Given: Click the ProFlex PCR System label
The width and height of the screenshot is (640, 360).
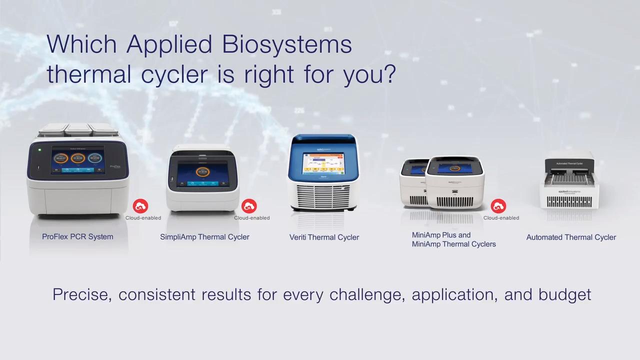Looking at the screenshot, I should point(77,236).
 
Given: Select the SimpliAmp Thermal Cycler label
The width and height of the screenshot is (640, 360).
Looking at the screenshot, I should point(204,237).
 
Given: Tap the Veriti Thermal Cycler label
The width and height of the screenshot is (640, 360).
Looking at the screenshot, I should point(324,237).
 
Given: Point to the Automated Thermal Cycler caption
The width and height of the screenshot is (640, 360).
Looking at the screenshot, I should point(571,237).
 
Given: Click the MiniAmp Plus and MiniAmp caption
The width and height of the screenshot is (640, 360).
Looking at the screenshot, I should point(453,239).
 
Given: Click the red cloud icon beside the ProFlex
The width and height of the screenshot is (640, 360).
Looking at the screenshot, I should point(140,206).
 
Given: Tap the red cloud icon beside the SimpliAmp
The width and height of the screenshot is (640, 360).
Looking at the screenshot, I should point(249,206).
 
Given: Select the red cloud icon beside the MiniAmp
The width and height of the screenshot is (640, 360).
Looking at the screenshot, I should point(498,206).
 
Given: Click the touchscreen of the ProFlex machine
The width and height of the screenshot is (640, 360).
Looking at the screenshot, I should point(77,161).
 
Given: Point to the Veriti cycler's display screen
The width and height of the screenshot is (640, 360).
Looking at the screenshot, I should point(323,163).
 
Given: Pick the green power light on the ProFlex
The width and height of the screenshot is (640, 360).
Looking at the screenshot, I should point(39,149).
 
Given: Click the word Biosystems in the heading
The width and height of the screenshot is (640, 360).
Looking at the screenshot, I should point(287,44).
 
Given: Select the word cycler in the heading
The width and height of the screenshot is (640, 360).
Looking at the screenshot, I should point(174,74).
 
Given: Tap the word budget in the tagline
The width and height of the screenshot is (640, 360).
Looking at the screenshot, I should point(564,294).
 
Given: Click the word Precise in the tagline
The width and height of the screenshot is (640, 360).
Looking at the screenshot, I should point(82,294).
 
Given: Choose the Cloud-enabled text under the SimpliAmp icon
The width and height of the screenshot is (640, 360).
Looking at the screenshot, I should point(251,218).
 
